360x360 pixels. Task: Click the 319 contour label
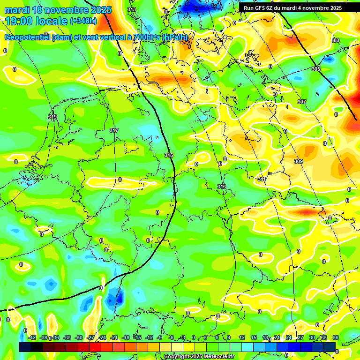[52, 117]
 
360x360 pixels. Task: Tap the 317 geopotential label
[113, 130]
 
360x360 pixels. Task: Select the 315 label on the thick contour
[169, 155]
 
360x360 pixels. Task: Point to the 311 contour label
[262, 180]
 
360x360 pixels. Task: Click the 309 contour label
[299, 162]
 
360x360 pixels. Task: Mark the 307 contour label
[301, 102]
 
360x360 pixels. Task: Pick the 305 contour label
[316, 69]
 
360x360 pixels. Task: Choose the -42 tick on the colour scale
[32, 337]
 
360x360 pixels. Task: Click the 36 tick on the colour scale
[336, 337]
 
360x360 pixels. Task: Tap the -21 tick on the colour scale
[114, 337]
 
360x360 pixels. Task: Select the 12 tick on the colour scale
[242, 337]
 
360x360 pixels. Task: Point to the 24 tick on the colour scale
[289, 337]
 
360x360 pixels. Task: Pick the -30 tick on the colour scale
[79, 337]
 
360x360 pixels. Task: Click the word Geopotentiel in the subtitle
[28, 37]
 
